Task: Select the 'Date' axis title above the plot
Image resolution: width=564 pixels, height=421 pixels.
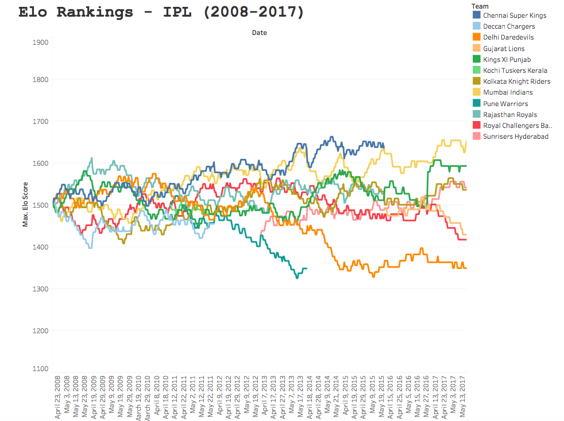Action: (x=259, y=33)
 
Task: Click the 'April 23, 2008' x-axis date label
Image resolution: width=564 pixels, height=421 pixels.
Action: (x=58, y=397)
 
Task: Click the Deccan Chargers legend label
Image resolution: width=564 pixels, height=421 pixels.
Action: (x=509, y=26)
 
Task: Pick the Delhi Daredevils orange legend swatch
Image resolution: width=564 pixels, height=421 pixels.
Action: (x=476, y=37)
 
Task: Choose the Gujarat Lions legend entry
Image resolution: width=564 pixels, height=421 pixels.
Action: (x=504, y=49)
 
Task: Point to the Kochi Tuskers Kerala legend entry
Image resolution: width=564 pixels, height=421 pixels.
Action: (x=515, y=71)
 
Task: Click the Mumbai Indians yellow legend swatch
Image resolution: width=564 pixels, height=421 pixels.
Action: (x=476, y=92)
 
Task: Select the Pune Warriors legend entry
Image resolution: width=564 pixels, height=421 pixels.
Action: (x=505, y=104)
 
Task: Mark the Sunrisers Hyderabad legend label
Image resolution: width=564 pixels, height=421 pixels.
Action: (x=516, y=137)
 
